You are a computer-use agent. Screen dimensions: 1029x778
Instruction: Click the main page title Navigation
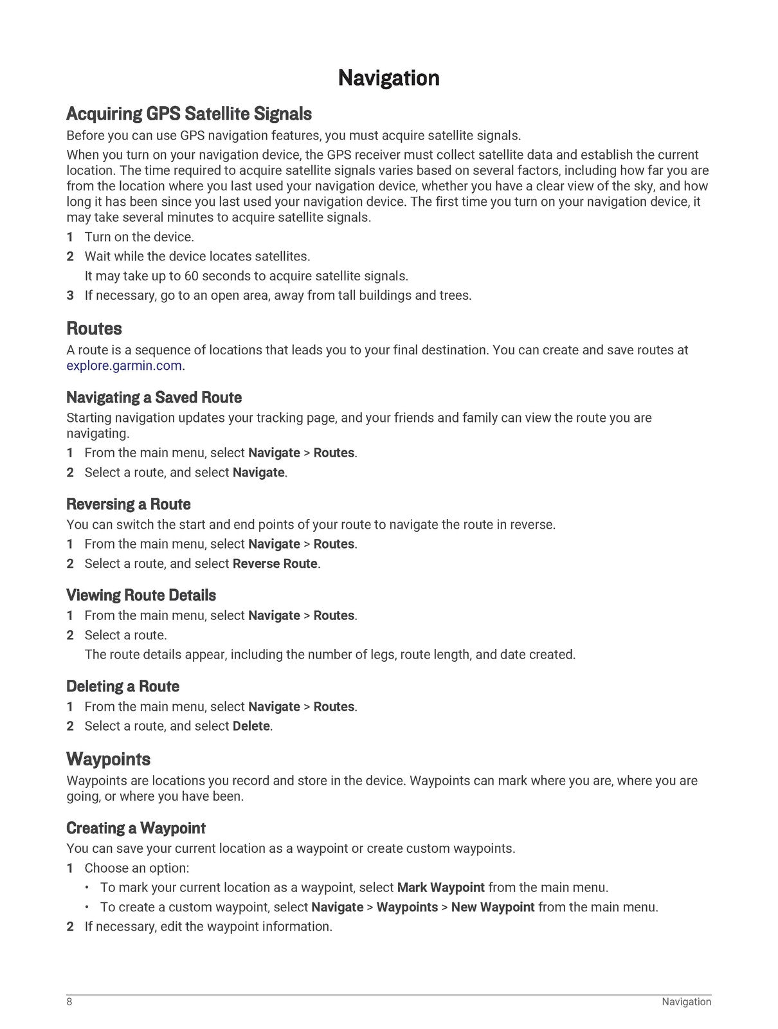(x=388, y=78)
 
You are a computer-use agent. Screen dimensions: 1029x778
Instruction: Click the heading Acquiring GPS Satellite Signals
(x=189, y=114)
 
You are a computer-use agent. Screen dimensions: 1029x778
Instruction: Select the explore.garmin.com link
(x=124, y=366)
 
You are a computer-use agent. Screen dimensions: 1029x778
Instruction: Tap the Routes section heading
(x=94, y=329)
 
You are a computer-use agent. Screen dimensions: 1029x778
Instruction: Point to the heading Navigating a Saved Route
(x=154, y=397)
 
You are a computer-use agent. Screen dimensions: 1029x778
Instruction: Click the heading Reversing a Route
(x=129, y=504)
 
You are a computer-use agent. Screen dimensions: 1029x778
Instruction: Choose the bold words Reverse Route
(x=275, y=564)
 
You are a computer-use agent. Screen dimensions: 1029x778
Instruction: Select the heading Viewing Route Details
(x=141, y=596)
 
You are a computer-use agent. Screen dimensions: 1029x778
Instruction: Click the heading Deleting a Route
(x=123, y=686)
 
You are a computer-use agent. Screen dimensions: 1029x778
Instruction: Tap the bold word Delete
(x=251, y=726)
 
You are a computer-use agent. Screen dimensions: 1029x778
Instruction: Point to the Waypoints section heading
(x=108, y=760)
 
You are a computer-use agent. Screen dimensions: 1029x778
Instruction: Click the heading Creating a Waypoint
(x=136, y=828)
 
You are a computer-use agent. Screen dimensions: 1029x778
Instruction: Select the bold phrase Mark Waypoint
(x=440, y=888)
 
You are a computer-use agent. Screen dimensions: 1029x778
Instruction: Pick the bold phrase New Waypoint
(x=493, y=907)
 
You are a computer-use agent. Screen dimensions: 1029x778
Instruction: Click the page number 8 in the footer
(x=69, y=1002)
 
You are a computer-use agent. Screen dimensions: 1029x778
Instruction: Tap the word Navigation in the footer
(x=686, y=1002)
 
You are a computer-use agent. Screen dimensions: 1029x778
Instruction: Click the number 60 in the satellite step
(x=191, y=277)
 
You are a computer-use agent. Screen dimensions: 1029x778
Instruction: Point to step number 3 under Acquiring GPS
(x=70, y=296)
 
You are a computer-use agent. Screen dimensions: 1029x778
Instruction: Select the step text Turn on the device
(x=139, y=237)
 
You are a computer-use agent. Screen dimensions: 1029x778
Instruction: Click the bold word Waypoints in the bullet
(x=407, y=907)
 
